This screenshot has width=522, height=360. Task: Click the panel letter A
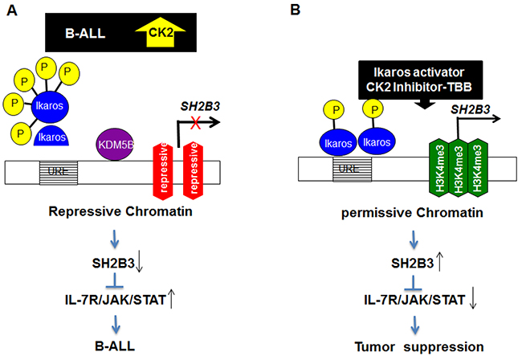pos(10,10)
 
